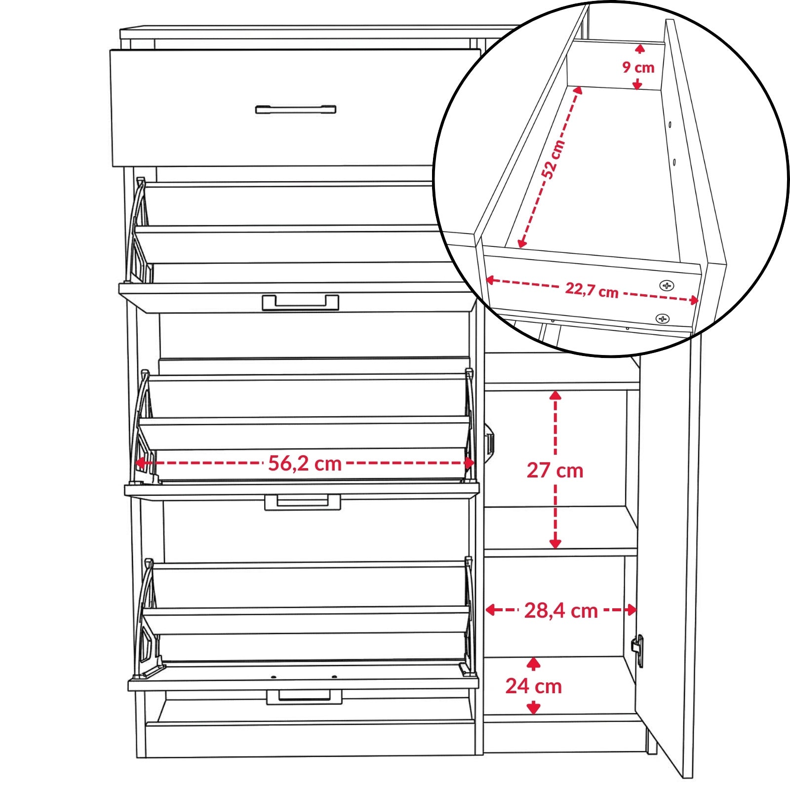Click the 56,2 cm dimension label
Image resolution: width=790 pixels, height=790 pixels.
(x=305, y=464)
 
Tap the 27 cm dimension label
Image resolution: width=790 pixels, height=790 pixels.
(x=555, y=471)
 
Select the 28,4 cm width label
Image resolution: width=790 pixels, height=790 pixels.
(x=561, y=611)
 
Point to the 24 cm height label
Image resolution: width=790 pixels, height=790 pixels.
(x=534, y=686)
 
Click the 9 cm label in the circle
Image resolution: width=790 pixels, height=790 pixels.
(x=638, y=67)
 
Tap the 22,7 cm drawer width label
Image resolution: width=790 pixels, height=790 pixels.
(x=592, y=290)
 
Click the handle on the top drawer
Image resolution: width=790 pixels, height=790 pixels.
(x=296, y=109)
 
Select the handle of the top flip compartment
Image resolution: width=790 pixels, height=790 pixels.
(x=300, y=302)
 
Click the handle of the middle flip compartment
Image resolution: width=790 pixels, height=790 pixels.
(x=303, y=502)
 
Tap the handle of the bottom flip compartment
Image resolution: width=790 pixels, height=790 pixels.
(x=304, y=697)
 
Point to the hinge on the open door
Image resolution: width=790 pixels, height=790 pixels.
(x=638, y=650)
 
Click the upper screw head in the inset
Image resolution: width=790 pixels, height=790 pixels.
(x=667, y=285)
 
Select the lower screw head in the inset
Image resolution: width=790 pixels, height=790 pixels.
(x=663, y=319)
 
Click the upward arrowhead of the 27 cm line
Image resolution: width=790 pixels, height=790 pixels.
(x=555, y=395)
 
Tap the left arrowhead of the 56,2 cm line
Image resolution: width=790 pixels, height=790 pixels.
(x=140, y=463)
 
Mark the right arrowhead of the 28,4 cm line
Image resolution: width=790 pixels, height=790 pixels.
(x=632, y=610)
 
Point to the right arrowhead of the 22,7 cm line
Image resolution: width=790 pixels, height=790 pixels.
(x=694, y=300)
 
